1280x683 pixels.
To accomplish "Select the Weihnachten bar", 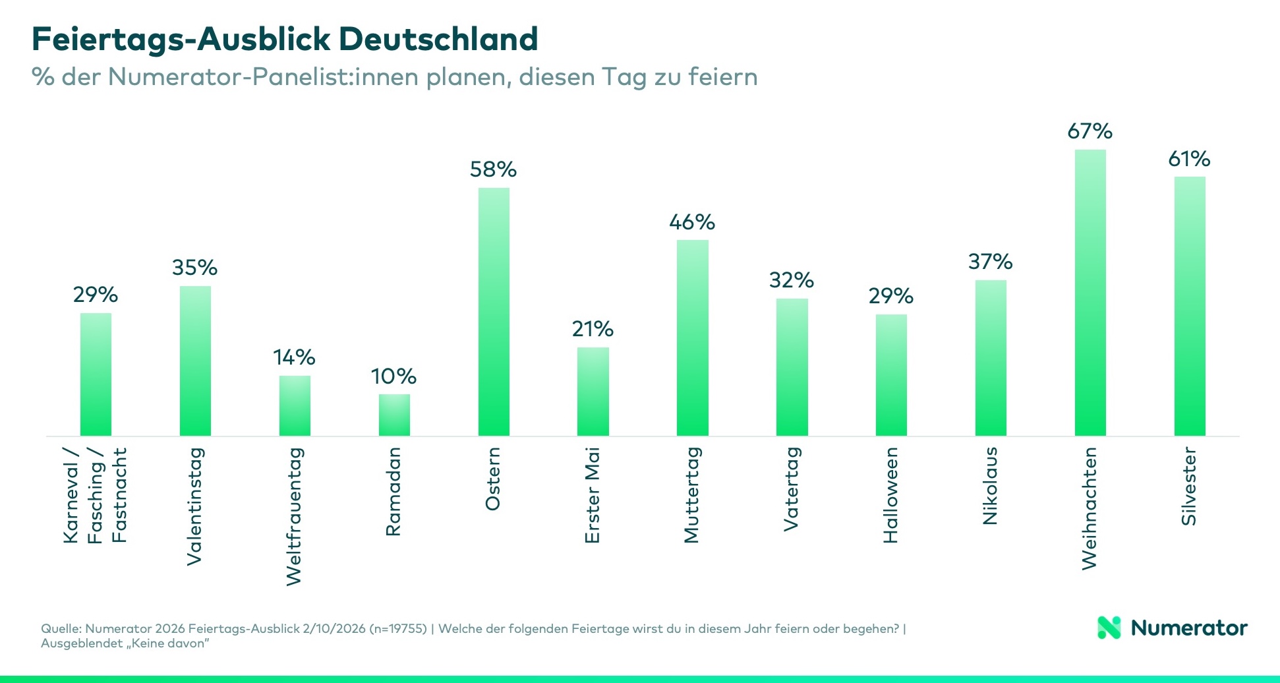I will click(1090, 293).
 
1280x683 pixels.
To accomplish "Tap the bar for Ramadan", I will click(394, 415).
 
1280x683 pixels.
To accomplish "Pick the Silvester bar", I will click(1190, 306).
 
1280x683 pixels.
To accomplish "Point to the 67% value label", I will click(1090, 131).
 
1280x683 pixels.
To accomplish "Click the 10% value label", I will click(393, 376).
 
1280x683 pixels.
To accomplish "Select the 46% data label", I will click(692, 222).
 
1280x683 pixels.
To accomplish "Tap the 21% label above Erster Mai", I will click(593, 329).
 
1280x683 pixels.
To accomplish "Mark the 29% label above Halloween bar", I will click(891, 296).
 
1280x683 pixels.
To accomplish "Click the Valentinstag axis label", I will click(194, 506).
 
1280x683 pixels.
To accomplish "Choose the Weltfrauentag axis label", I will click(294, 516).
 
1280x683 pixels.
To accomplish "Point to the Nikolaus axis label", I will click(990, 486).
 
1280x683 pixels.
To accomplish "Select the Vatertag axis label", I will click(791, 489).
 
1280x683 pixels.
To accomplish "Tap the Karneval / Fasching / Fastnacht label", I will click(96, 495).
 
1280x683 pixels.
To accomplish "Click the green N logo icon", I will click(1109, 628).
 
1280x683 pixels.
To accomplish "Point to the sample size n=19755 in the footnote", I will click(398, 628).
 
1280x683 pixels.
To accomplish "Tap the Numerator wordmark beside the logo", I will click(1189, 628).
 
